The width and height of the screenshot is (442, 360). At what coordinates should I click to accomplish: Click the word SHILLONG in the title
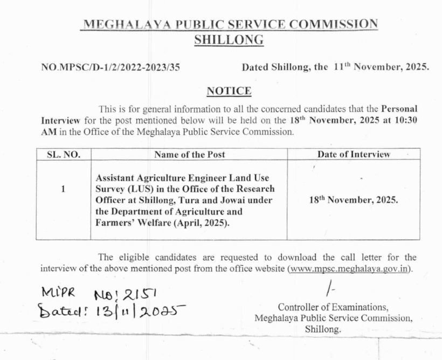[229, 39]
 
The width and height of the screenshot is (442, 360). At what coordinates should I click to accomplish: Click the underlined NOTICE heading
[229, 91]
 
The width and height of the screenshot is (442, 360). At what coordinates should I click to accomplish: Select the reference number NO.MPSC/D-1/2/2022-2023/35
[110, 67]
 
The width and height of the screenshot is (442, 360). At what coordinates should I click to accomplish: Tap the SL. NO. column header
[64, 155]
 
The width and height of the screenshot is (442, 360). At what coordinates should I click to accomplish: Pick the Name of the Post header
[189, 155]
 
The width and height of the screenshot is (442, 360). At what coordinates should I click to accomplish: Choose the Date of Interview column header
[353, 155]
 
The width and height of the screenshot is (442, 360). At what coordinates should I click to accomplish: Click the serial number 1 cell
[64, 189]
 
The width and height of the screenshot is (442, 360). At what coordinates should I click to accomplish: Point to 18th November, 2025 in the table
[353, 199]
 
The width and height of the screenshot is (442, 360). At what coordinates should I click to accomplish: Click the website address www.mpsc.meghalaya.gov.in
[349, 268]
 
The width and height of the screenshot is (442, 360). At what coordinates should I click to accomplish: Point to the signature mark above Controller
[330, 291]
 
